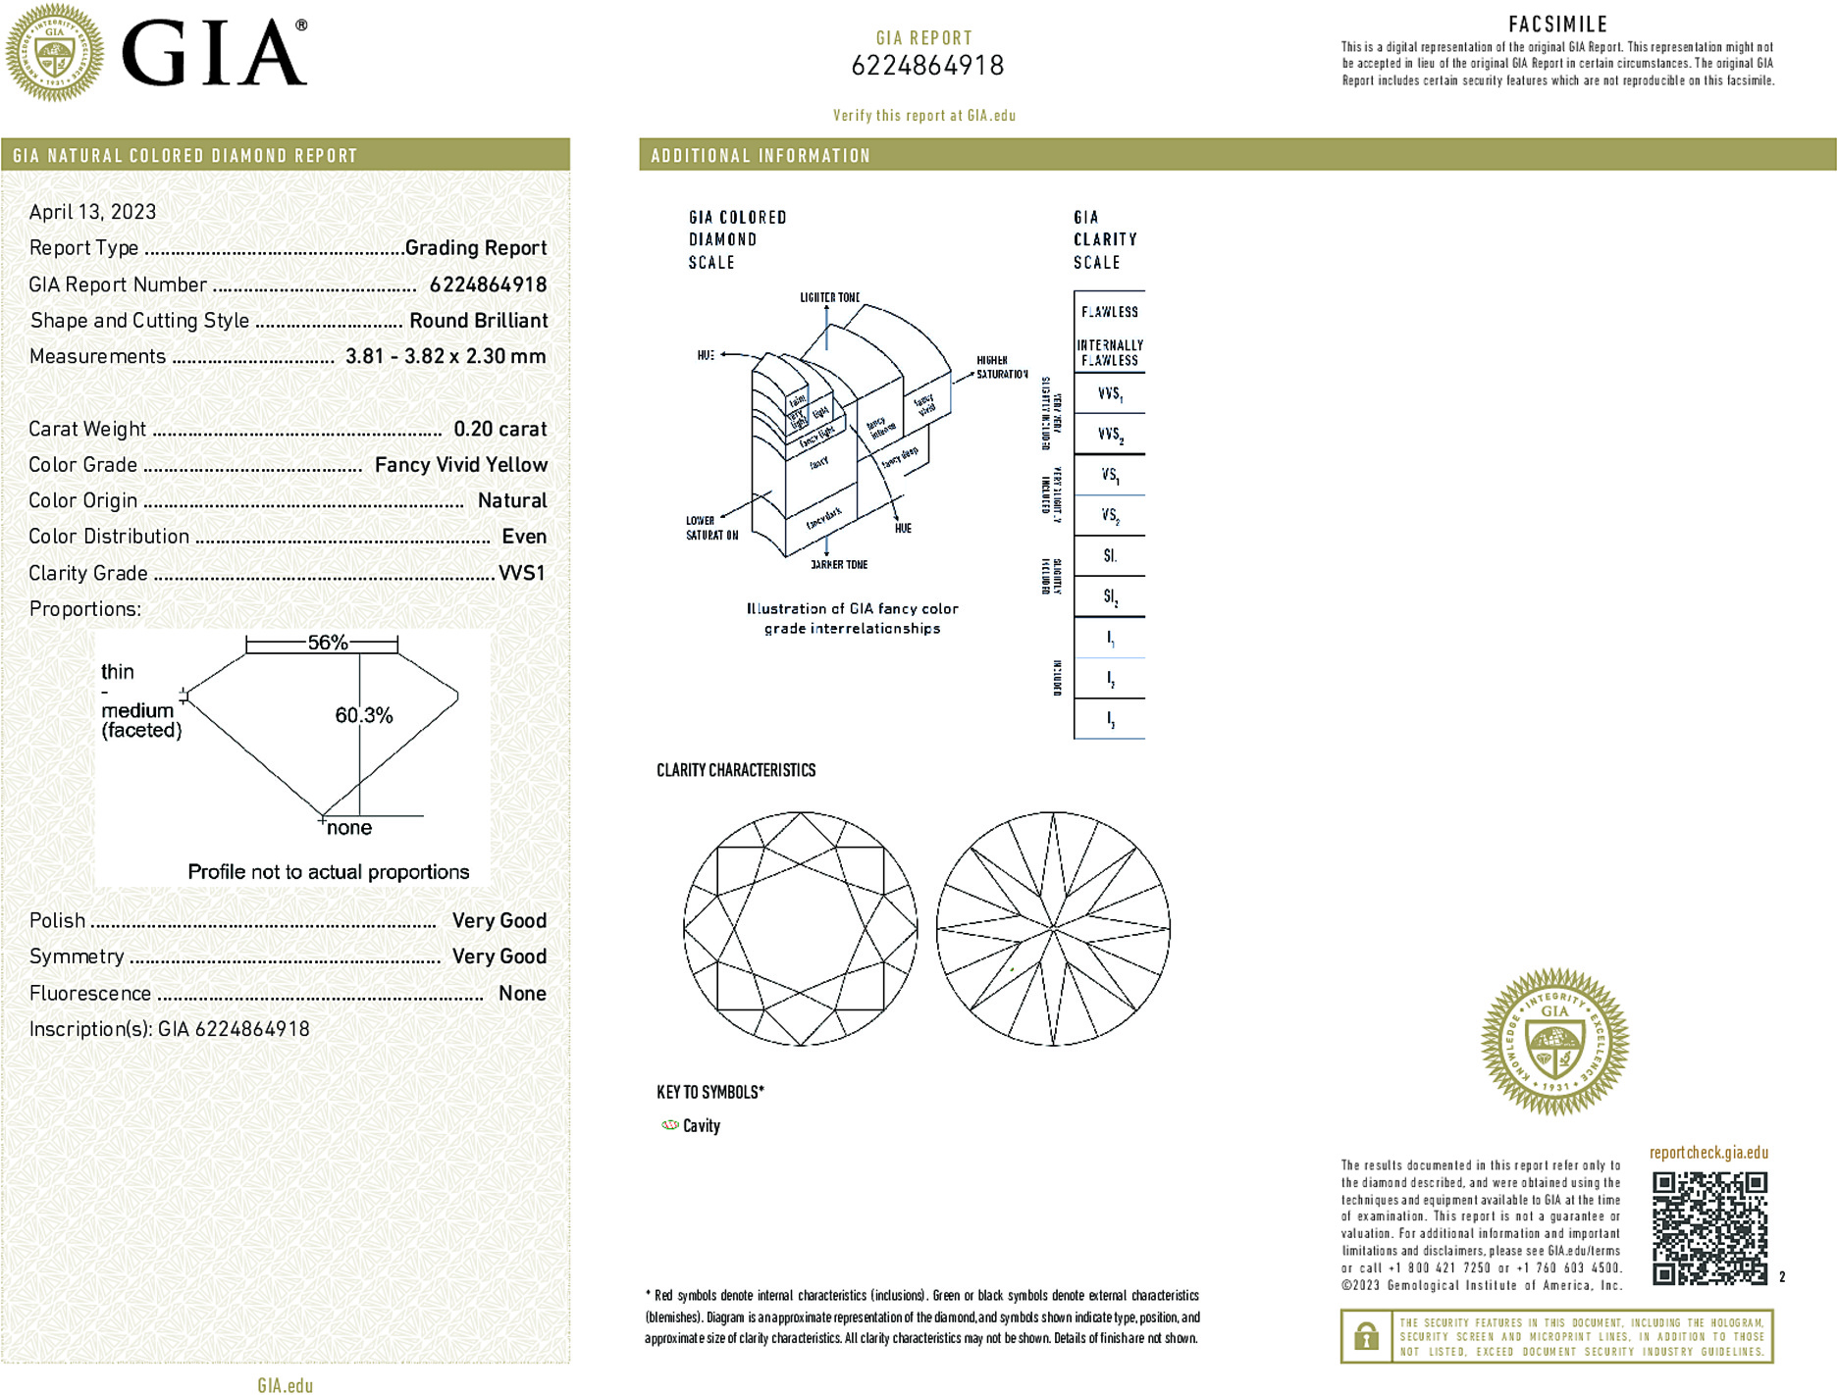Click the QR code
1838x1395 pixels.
pyautogui.click(x=1709, y=1227)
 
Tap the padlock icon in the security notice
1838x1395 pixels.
pyautogui.click(x=1366, y=1336)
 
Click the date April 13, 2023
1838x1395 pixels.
pyautogui.click(x=92, y=212)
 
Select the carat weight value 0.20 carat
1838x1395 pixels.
pyautogui.click(x=499, y=429)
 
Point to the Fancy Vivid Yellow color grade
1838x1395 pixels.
pyautogui.click(x=460, y=465)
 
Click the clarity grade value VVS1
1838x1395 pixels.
pyautogui.click(x=521, y=573)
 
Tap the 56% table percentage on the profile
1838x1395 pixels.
pyautogui.click(x=327, y=643)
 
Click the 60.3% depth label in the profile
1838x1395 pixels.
pyautogui.click(x=363, y=715)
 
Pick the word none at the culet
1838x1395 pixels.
pyautogui.click(x=349, y=828)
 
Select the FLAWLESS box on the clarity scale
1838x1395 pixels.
pyautogui.click(x=1109, y=312)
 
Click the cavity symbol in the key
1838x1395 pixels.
pyautogui.click(x=670, y=1125)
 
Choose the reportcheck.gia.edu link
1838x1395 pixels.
pyautogui.click(x=1708, y=1153)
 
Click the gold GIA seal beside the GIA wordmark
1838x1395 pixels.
pyautogui.click(x=54, y=53)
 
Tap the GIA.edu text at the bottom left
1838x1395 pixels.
pyautogui.click(x=285, y=1385)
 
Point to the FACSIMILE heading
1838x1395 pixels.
pyautogui.click(x=1557, y=25)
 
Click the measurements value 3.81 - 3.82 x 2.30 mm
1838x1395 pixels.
pyautogui.click(x=446, y=356)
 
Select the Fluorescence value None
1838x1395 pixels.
pyautogui.click(x=522, y=993)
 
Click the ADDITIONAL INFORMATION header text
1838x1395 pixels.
pyautogui.click(x=761, y=156)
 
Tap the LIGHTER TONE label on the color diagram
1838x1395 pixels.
pyautogui.click(x=829, y=297)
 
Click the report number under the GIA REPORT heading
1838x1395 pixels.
pyautogui.click(x=927, y=66)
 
